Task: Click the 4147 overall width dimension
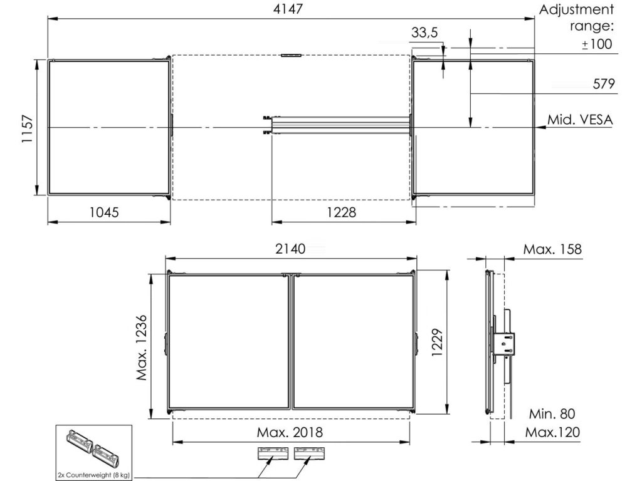[288, 9]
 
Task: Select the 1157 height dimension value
[27, 128]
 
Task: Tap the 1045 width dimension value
[104, 212]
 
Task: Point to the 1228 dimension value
[341, 212]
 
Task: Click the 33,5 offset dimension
[424, 33]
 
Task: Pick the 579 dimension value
[604, 84]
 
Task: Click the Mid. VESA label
[580, 120]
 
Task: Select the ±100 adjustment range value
[597, 44]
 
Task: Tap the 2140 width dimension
[290, 249]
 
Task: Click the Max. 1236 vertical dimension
[141, 348]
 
